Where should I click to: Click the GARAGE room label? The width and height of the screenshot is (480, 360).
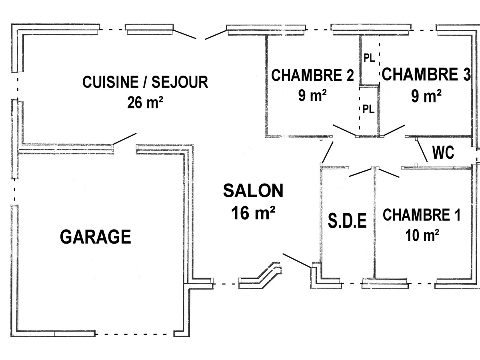[x=96, y=237]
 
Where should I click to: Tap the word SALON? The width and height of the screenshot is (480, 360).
[x=253, y=191]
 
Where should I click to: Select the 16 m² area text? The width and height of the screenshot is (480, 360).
[x=253, y=213]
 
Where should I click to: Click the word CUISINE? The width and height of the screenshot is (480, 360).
[x=107, y=82]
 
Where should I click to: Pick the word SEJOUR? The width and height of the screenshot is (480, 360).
[x=185, y=82]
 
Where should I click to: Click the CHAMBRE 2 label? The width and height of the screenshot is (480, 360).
[x=312, y=75]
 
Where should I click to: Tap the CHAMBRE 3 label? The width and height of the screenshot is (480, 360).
[x=426, y=74]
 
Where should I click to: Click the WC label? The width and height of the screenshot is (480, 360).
[x=443, y=152]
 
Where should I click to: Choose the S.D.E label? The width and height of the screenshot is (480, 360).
[x=348, y=221]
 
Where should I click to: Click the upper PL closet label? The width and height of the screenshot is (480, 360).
[x=369, y=58]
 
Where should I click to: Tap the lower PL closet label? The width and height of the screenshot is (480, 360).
[x=368, y=109]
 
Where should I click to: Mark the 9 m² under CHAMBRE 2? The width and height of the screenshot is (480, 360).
[x=312, y=96]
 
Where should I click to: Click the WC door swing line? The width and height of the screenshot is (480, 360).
[x=422, y=150]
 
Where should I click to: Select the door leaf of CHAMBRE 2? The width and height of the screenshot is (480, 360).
[x=344, y=131]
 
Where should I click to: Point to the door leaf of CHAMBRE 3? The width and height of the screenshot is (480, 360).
[x=394, y=130]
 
